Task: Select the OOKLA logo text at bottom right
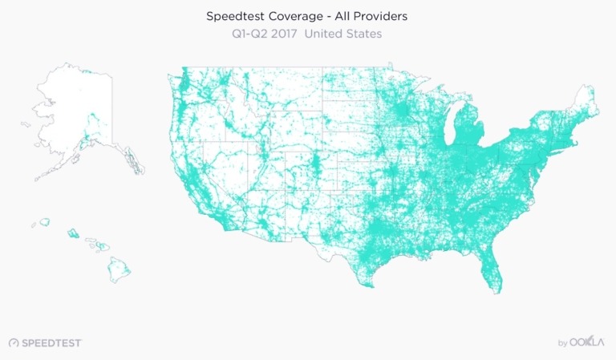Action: (x=588, y=342)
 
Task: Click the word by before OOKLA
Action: (x=562, y=343)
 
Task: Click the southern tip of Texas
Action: (x=367, y=282)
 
